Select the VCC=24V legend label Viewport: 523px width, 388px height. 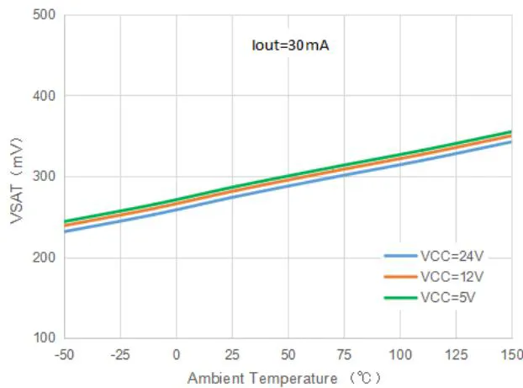coord(453,255)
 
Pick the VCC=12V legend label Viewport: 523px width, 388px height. coord(453,276)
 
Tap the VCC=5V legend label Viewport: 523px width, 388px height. coord(450,297)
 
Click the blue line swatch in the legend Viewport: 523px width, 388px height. coord(401,255)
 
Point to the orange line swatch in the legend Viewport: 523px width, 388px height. coord(401,276)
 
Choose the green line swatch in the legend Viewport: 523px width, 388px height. coord(401,297)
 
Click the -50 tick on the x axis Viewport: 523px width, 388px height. coord(64,353)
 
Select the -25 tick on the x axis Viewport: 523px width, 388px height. coord(119,353)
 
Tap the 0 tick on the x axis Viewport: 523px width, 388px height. coord(177,353)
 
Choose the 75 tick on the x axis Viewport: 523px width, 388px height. coord(345,353)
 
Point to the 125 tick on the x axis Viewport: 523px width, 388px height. coord(456,353)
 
